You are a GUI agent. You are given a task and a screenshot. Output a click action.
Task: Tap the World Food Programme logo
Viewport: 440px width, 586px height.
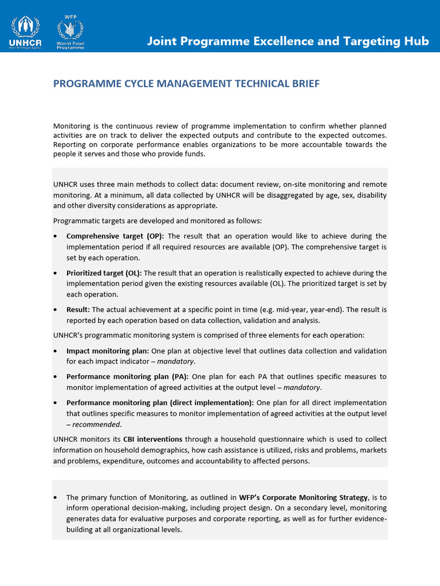(70, 34)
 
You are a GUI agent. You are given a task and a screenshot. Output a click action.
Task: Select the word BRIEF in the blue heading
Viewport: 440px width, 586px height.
(301, 84)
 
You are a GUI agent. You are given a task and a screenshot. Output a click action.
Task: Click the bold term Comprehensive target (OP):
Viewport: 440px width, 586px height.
(115, 236)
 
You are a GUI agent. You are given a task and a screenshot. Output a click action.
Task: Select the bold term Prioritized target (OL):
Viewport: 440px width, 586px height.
(104, 273)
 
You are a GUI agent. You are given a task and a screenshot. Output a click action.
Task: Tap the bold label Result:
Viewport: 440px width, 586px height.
(78, 310)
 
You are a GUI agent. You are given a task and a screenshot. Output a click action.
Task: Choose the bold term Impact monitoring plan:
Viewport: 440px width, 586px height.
(108, 351)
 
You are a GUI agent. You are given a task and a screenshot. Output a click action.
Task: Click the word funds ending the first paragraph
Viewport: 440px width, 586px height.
(194, 154)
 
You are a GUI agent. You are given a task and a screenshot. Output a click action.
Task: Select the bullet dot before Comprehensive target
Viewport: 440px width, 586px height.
(55, 236)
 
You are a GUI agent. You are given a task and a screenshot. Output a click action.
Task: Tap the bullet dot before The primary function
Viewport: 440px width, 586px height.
(55, 498)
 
